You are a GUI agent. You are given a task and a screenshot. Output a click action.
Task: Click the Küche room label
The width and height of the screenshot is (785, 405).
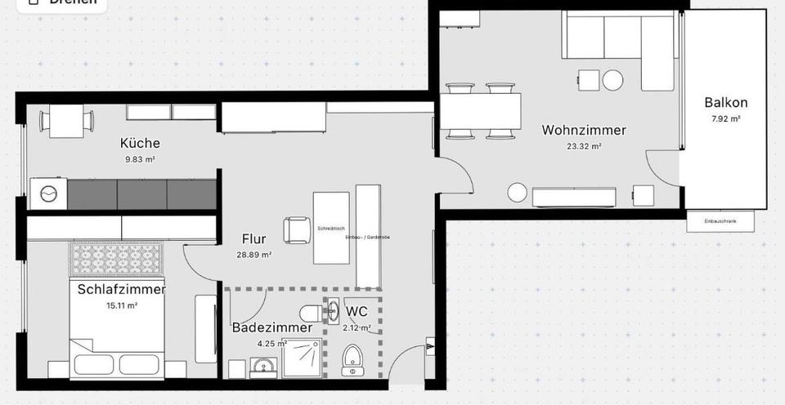[x=140, y=144]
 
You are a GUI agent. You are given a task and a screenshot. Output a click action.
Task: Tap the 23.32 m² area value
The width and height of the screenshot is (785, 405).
[x=584, y=147]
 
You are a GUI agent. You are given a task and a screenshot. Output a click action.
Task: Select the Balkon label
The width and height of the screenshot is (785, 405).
[x=725, y=103]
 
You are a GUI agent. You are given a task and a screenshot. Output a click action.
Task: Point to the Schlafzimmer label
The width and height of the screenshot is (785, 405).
[x=122, y=289]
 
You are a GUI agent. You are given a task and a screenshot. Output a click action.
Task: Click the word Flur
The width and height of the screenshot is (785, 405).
[x=254, y=239]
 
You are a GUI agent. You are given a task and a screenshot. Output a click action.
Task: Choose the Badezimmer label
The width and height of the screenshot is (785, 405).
[x=271, y=327]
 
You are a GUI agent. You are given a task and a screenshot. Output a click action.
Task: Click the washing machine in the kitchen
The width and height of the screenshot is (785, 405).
[x=48, y=194]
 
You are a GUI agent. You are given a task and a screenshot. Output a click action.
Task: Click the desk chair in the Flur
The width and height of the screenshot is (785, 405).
[x=295, y=229]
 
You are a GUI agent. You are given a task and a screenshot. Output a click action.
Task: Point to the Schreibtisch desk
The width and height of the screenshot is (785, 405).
[x=331, y=228]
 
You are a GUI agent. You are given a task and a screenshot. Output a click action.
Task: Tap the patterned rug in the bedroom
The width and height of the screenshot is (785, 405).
[x=119, y=260]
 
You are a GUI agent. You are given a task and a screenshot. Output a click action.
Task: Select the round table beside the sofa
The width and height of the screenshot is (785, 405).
[x=612, y=80]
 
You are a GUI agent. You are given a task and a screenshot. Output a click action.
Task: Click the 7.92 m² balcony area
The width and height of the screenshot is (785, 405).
[x=725, y=119]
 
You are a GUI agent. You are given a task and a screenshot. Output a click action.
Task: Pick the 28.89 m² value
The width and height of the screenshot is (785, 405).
[x=254, y=255]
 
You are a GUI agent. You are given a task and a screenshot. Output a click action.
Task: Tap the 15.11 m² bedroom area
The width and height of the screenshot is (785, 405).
[x=122, y=305]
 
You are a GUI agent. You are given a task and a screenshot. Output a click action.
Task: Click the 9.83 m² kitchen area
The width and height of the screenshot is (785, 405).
[x=139, y=160]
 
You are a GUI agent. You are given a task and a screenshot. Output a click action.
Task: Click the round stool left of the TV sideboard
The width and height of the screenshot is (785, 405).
[x=517, y=193]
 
